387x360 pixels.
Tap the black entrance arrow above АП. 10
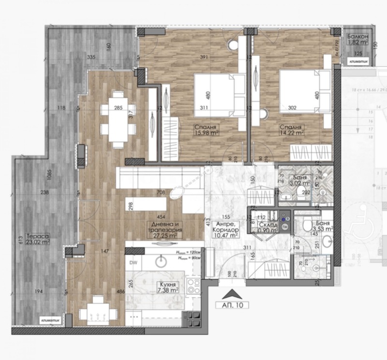click(x=231, y=293)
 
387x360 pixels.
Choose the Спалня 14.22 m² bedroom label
click(x=291, y=130)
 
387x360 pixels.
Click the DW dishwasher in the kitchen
click(x=133, y=261)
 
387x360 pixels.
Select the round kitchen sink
click(x=161, y=261)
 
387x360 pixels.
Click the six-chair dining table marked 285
click(x=117, y=119)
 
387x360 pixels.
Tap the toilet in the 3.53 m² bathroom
click(x=306, y=226)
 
